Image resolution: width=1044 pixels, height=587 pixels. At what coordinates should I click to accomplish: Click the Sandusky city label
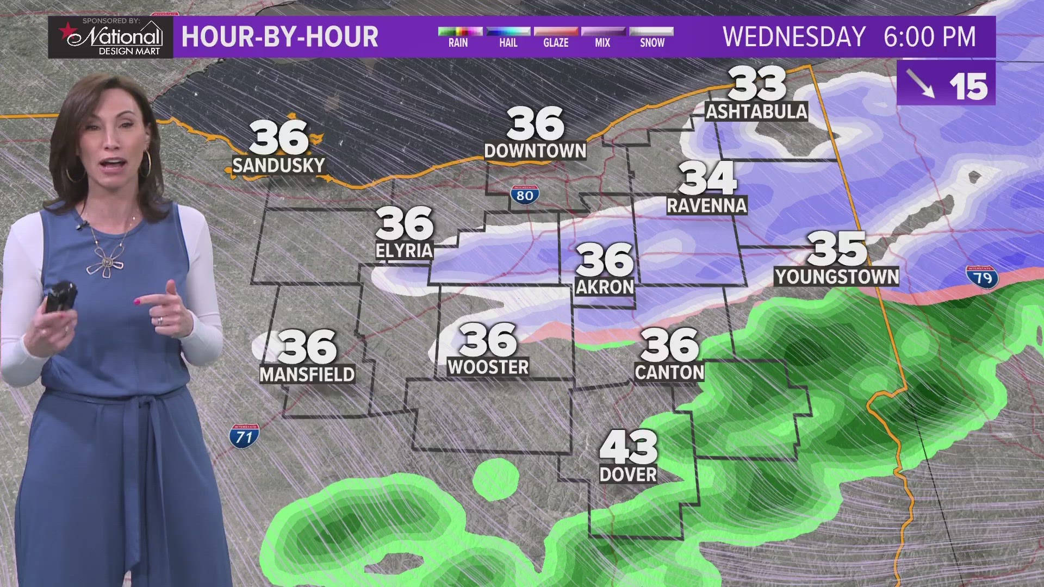pyautogui.click(x=278, y=165)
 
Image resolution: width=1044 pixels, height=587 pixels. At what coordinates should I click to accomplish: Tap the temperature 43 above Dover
pyautogui.click(x=629, y=447)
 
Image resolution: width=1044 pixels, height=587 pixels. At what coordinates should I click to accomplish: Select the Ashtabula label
pyautogui.click(x=756, y=111)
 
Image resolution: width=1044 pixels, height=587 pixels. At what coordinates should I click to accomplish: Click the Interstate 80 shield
pyautogui.click(x=525, y=195)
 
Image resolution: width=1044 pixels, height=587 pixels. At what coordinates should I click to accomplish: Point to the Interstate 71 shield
pyautogui.click(x=244, y=436)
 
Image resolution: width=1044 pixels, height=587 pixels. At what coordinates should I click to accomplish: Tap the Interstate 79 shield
pyautogui.click(x=982, y=277)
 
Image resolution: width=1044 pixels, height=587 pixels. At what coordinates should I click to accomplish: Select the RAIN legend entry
pyautogui.click(x=458, y=37)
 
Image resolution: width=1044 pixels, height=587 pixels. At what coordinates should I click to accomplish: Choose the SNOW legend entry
pyautogui.click(x=651, y=37)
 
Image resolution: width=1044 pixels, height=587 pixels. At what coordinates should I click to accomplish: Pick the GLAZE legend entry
pyautogui.click(x=556, y=37)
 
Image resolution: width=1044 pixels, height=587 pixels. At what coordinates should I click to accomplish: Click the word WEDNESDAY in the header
pyautogui.click(x=794, y=37)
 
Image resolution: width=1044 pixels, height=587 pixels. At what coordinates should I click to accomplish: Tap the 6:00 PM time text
pyautogui.click(x=930, y=37)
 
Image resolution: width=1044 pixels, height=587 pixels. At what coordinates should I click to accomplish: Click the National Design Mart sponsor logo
pyautogui.click(x=111, y=37)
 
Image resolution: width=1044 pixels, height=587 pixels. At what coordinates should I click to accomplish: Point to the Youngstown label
pyautogui.click(x=837, y=277)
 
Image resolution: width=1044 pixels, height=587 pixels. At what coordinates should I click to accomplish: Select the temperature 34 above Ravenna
pyautogui.click(x=707, y=178)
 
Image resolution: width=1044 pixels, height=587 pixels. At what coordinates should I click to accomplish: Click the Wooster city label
pyautogui.click(x=488, y=367)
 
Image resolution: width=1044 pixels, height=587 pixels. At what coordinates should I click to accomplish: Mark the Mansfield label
pyautogui.click(x=307, y=374)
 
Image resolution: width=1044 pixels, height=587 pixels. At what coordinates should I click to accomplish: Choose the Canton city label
pyautogui.click(x=669, y=372)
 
